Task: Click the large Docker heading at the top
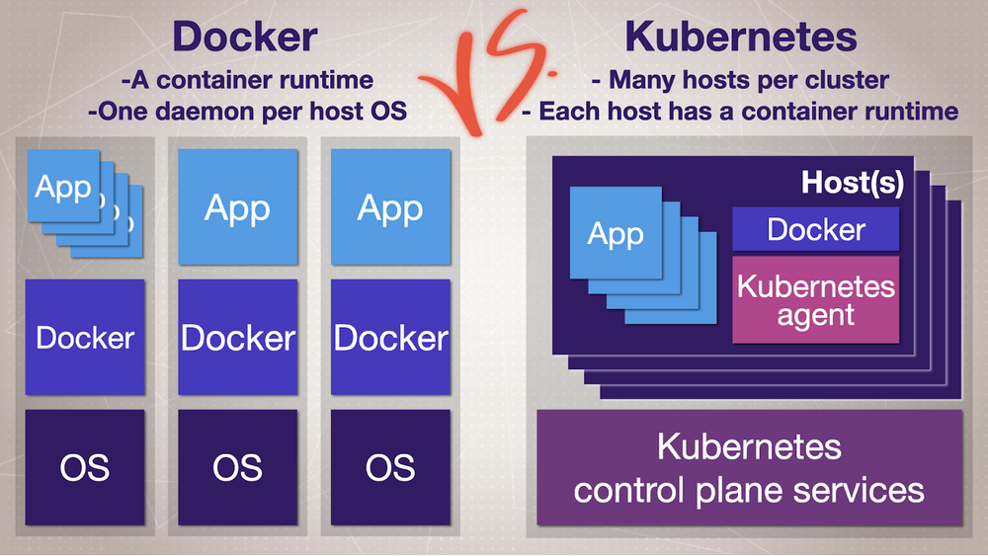tap(245, 38)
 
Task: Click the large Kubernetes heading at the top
tap(740, 38)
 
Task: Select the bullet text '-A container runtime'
tap(246, 80)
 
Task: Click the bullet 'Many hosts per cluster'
tap(740, 80)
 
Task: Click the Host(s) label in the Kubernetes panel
tap(853, 183)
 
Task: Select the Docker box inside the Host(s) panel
tap(816, 229)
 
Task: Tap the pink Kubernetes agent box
tap(816, 300)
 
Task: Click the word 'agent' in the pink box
tap(816, 316)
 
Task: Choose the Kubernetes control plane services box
tap(749, 467)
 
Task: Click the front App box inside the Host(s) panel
tap(615, 233)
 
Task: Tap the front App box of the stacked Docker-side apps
tap(63, 187)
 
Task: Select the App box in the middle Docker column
tap(238, 207)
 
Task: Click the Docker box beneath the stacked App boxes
tap(85, 338)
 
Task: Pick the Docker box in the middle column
tap(238, 338)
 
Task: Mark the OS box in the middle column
tap(238, 466)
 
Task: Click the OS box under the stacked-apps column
tap(85, 466)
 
